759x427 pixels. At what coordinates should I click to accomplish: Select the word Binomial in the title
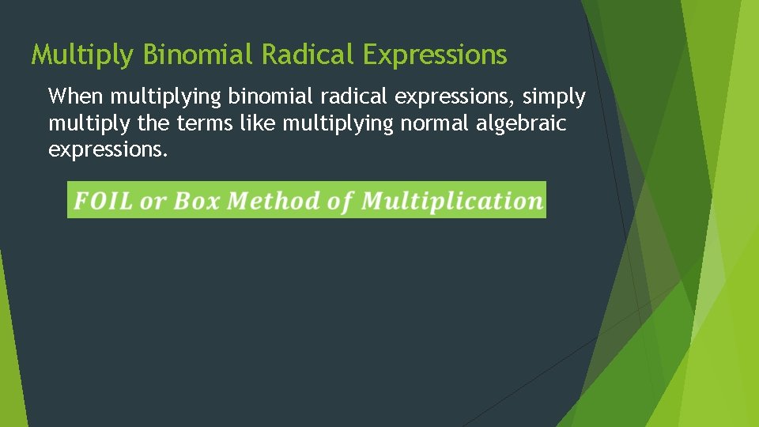pos(199,55)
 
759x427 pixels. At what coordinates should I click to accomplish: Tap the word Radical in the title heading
pos(309,55)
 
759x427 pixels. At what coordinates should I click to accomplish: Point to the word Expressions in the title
pos(435,55)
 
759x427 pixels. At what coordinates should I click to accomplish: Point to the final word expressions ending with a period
pos(108,150)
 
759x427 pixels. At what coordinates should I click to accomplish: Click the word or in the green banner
pos(152,202)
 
